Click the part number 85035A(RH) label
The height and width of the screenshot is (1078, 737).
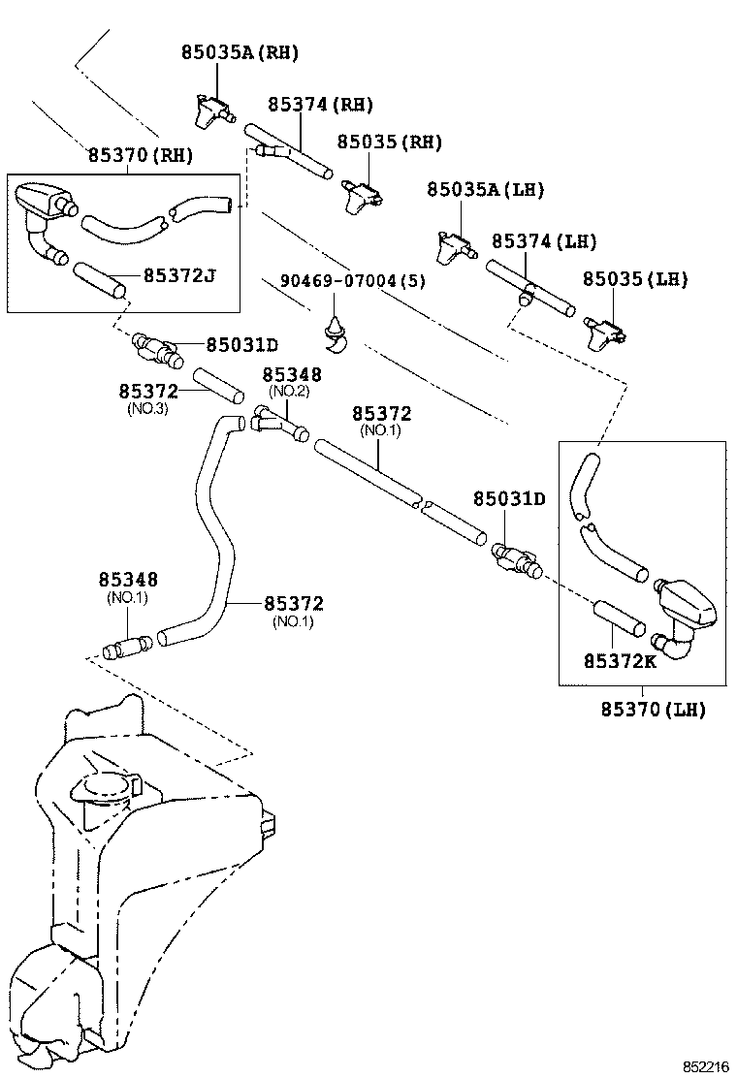240,53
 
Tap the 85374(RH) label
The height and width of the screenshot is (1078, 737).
320,105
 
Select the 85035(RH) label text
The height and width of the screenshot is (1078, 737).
389,143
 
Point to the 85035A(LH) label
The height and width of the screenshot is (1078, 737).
486,190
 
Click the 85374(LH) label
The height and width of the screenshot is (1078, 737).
544,241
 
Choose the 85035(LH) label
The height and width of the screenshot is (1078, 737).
634,279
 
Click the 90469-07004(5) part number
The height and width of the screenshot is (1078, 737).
352,281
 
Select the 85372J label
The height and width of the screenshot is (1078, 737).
179,275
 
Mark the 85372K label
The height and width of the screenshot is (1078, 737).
620,661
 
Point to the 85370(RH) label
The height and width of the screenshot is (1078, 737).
140,154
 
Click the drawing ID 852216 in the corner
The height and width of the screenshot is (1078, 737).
704,1066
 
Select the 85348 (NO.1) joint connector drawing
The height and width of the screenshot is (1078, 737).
126,644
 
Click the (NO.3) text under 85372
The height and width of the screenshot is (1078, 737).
147,409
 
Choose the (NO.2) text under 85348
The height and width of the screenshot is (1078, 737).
288,391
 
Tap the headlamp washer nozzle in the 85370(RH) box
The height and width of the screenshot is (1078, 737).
43,202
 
